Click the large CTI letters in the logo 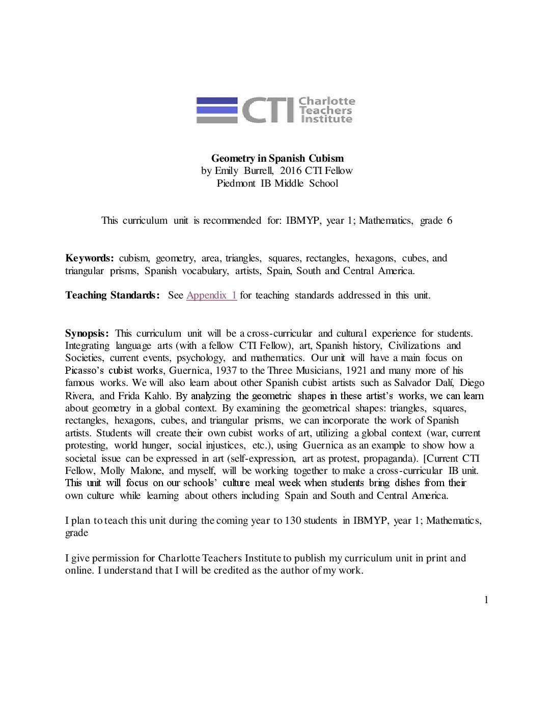coord(268,110)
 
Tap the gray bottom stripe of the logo coord(217,120)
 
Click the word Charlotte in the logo coord(326,101)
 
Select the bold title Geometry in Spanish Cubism coord(278,158)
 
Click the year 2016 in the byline coord(291,171)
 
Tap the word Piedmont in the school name coord(236,184)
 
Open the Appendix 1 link coord(211,295)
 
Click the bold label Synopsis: coord(87,334)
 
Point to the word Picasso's coord(85,371)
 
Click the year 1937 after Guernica coord(226,371)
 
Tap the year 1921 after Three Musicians coord(356,371)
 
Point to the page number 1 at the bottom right coord(486,600)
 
